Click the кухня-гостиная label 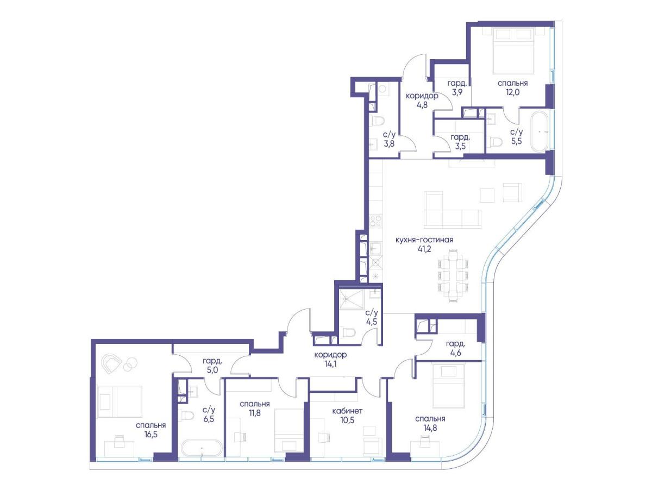click(424, 240)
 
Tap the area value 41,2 click(424, 249)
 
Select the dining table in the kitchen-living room click(453, 275)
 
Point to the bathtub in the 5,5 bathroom click(539, 132)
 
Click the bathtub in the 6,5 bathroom click(202, 448)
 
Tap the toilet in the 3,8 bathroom click(377, 121)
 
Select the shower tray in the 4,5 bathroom click(352, 300)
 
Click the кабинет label click(347, 411)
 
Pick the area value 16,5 click(151, 435)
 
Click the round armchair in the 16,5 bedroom click(111, 363)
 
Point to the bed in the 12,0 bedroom click(513, 51)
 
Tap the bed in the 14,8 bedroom click(449, 386)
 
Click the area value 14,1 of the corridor click(330, 364)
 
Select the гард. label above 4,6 click(455, 344)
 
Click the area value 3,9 click(457, 92)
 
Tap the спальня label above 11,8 click(255, 404)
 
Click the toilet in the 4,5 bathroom click(348, 332)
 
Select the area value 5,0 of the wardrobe click(212, 370)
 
